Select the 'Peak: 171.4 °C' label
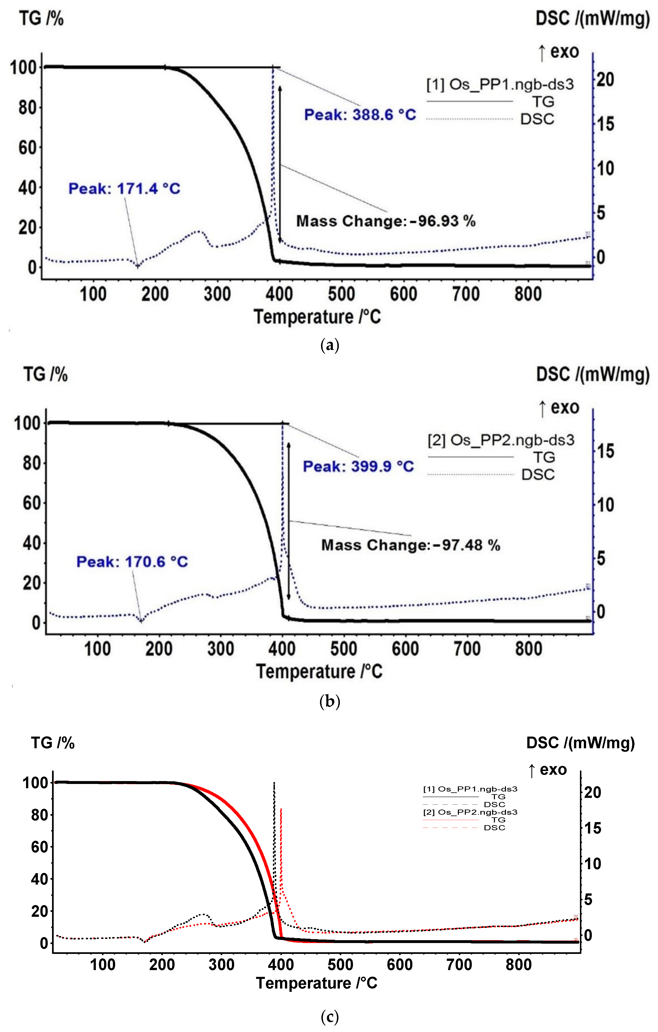click(x=124, y=189)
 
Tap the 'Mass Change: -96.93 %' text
click(x=386, y=221)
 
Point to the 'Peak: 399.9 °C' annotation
click(x=358, y=466)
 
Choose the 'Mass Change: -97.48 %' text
click(x=410, y=545)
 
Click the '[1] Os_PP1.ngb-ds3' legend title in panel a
click(x=499, y=84)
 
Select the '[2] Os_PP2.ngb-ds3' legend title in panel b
click(x=500, y=440)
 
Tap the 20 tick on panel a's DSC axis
click(x=605, y=80)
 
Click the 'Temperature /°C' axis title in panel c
click(x=316, y=983)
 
